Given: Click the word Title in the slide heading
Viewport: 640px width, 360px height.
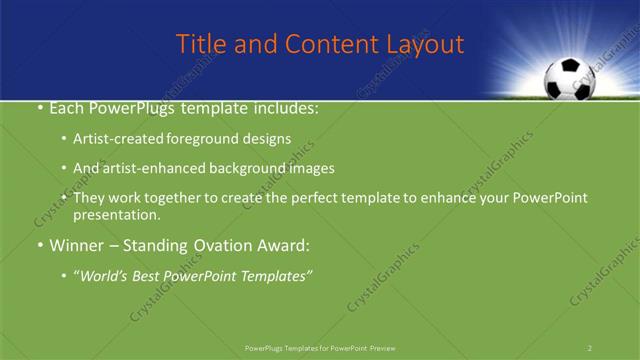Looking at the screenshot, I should [198, 44].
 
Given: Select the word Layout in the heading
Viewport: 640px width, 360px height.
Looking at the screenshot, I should [424, 44].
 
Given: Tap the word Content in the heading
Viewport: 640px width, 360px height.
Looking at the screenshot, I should [323, 44].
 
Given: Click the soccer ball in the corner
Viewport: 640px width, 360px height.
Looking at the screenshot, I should [567, 79].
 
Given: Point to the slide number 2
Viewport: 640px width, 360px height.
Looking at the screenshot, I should [590, 347].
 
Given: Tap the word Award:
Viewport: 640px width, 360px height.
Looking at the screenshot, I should [282, 245].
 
